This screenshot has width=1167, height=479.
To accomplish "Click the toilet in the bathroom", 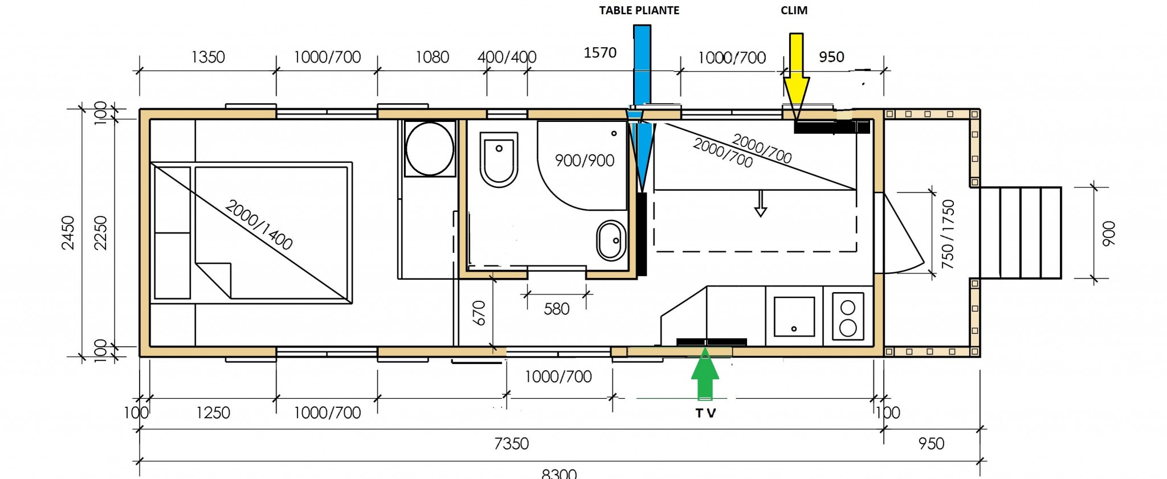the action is (499, 159).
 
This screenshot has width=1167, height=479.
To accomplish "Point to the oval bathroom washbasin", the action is (611, 240).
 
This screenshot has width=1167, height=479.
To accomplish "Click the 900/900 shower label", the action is (585, 161).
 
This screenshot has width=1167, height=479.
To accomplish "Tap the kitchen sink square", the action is (794, 316).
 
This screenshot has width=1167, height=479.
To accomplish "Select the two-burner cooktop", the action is (848, 316).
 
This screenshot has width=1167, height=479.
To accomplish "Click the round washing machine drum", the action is (430, 149).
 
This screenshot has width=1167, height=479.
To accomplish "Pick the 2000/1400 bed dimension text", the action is (259, 224).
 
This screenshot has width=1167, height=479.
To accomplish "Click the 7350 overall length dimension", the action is (511, 444).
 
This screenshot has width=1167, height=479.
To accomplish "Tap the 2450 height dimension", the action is (68, 232).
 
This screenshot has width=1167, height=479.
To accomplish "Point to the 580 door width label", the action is (556, 309).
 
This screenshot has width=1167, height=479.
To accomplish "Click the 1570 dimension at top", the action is (600, 53).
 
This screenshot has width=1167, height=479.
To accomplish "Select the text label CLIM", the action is (794, 10).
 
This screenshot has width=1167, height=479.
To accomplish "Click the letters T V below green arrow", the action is (705, 414).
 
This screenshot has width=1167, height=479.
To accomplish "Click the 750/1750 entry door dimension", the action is (948, 234).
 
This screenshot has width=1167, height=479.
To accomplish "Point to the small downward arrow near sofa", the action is (760, 203).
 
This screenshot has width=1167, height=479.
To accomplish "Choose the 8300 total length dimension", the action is (559, 473).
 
